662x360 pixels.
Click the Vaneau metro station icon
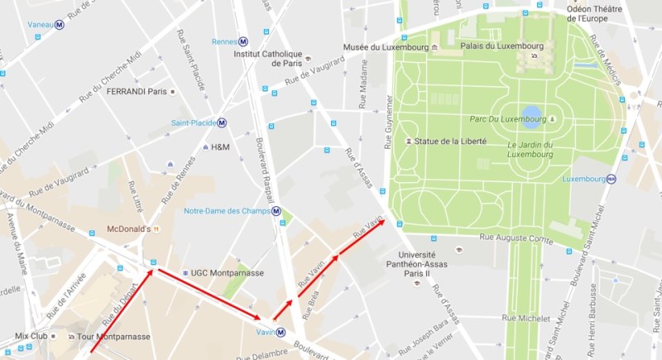(x=60, y=25)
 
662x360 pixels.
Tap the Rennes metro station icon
(x=242, y=41)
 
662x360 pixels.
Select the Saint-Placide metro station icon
(x=222, y=123)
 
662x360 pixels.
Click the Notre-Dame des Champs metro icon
(x=276, y=211)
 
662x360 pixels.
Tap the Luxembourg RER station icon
(x=612, y=179)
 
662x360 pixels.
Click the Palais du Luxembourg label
(x=495, y=46)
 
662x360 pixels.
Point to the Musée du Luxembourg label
(x=386, y=47)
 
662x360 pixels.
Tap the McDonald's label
(x=127, y=228)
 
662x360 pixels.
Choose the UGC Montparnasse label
(x=227, y=272)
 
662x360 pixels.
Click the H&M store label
(x=220, y=147)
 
